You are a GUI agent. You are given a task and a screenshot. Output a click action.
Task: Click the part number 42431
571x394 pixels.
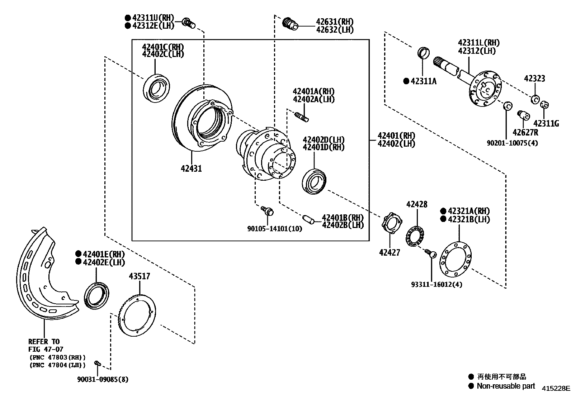191,168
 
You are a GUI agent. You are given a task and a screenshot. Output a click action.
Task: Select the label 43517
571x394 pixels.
140,276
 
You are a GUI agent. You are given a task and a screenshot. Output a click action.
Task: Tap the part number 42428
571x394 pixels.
417,204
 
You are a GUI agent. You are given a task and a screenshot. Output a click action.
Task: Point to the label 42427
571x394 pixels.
390,252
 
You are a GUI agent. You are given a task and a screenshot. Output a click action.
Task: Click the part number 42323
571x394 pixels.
534,79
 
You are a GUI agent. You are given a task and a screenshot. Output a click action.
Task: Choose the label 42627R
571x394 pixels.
525,133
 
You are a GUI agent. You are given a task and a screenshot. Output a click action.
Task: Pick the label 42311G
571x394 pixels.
546,124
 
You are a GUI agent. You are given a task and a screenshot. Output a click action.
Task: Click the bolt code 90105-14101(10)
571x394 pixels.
274,229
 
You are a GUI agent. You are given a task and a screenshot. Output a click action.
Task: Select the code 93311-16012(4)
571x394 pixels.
436,284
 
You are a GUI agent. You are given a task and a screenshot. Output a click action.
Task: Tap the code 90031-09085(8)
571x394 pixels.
103,379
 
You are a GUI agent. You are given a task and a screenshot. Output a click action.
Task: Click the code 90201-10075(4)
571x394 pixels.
513,143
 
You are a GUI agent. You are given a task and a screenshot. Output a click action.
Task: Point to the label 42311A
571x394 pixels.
424,81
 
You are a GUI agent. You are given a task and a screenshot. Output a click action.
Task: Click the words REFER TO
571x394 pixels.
44,342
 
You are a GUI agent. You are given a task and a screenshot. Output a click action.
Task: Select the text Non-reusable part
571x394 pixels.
506,386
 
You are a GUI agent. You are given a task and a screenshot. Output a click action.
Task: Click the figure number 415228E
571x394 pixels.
556,388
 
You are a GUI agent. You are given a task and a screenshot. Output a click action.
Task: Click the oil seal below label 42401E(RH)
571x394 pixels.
96,295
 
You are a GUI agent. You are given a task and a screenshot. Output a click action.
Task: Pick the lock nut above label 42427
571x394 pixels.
392,222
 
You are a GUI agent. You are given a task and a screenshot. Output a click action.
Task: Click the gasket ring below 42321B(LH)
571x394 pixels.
455,260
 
